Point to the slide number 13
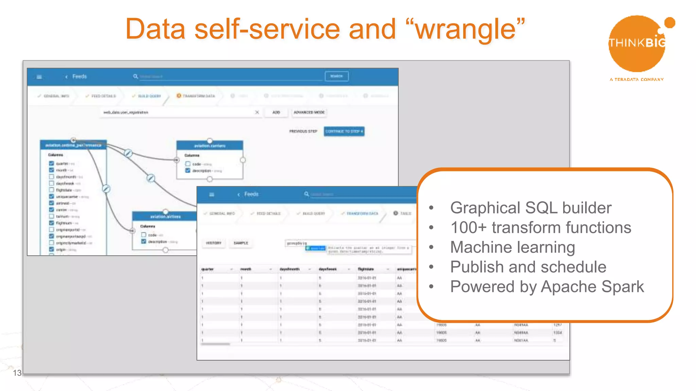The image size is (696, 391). [x=17, y=373]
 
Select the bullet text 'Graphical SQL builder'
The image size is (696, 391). [x=530, y=208]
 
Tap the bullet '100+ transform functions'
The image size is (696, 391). [x=540, y=227]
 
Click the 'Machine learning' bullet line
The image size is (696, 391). [x=512, y=247]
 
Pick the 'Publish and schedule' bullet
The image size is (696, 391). [x=528, y=267]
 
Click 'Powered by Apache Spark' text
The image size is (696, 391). [x=547, y=286]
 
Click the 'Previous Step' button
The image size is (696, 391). [x=303, y=131]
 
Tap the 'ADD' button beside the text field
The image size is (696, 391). [x=276, y=112]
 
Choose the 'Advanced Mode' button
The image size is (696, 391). [x=309, y=112]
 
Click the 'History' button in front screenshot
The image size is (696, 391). [x=213, y=243]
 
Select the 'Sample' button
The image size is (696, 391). [x=241, y=243]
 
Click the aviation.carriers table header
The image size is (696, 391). [x=210, y=146]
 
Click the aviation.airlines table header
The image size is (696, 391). [x=165, y=217]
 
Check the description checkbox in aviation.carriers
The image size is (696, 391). [x=188, y=170]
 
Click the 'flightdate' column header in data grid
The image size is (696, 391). [x=366, y=269]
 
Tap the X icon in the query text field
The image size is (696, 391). [x=257, y=112]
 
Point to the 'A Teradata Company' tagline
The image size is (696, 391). [x=637, y=79]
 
